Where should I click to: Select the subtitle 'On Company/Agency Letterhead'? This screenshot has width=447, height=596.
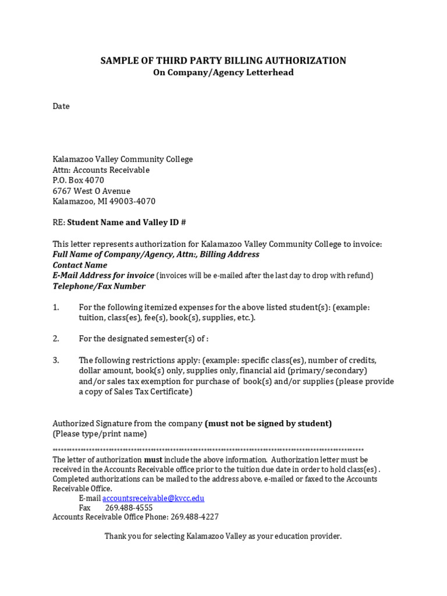point(223,73)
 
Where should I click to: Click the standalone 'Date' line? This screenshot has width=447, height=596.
point(61,107)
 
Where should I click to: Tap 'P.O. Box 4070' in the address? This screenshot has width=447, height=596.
point(79,180)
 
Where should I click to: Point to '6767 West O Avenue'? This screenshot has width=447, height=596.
point(91,191)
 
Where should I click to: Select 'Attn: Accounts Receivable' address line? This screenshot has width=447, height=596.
point(101,170)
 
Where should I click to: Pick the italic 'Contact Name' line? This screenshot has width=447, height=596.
point(80,265)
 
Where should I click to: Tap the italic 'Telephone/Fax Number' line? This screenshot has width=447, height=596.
point(99,286)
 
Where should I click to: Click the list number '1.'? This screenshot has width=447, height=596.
point(56,307)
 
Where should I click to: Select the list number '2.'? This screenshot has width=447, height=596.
point(56,339)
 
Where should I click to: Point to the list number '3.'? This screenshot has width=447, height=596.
point(56,360)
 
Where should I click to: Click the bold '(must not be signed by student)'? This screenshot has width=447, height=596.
point(268,424)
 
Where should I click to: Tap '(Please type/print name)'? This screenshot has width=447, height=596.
point(100,434)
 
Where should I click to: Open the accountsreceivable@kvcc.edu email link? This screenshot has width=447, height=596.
point(153,498)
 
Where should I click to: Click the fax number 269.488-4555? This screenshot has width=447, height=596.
point(129,508)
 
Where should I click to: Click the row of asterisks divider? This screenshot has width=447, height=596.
point(208,450)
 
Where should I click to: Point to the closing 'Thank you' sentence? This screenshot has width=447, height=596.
point(223,537)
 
